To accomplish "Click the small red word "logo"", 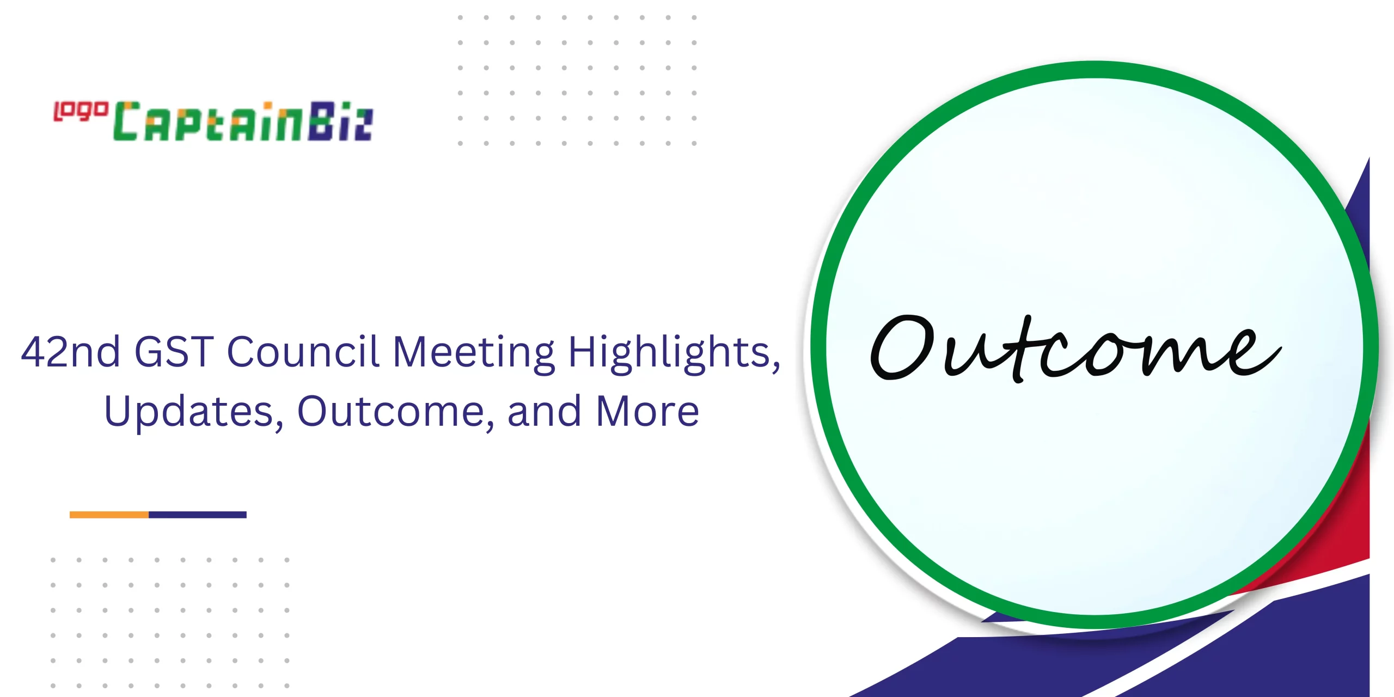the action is pos(81,111).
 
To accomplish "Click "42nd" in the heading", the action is pos(70,352).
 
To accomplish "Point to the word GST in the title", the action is pos(174,352).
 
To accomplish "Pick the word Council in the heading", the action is pos(303,351).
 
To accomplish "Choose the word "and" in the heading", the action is pos(544,411).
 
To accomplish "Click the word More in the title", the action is pos(647,411).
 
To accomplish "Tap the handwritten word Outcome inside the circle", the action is pos(1075,348).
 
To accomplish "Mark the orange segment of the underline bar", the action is pos(109,515).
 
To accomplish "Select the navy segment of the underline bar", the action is pos(198,515).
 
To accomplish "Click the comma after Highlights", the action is pos(776,368).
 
